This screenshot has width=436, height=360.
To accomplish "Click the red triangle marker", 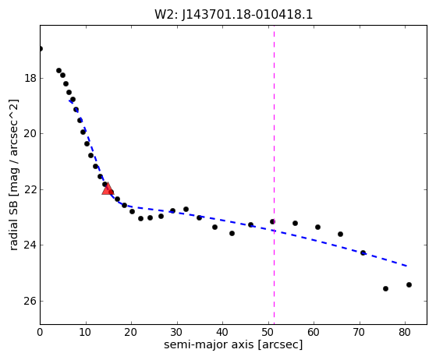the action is click(x=107, y=189).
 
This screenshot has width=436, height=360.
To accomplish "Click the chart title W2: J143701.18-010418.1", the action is click(x=233, y=15).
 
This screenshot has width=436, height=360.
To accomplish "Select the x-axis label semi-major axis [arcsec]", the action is click(x=233, y=344).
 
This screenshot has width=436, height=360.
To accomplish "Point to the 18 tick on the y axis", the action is click(x=30, y=79).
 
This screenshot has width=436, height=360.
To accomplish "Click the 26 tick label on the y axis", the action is click(x=30, y=301).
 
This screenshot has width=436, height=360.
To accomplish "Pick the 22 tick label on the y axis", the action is click(x=30, y=189).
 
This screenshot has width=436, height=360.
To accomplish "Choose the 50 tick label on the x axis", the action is click(x=268, y=332).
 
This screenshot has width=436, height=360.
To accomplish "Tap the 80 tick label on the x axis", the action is click(x=405, y=332).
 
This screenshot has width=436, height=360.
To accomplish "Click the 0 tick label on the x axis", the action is click(x=40, y=332).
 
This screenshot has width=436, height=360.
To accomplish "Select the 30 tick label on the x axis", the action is click(x=177, y=332).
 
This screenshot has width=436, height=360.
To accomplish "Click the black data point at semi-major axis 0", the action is click(x=41, y=49).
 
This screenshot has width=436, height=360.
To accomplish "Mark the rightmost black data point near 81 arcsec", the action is click(x=409, y=284).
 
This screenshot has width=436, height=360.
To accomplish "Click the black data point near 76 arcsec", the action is click(x=385, y=288).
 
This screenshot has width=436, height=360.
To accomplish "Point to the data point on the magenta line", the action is click(x=272, y=221).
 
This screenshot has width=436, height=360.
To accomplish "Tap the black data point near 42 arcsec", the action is click(x=232, y=233).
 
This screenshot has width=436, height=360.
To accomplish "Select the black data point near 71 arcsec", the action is click(x=363, y=252).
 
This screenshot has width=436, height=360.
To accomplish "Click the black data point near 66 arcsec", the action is click(x=340, y=235).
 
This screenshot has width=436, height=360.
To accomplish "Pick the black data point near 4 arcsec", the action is click(x=58, y=71).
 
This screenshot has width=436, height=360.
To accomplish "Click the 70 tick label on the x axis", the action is click(x=360, y=332).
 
